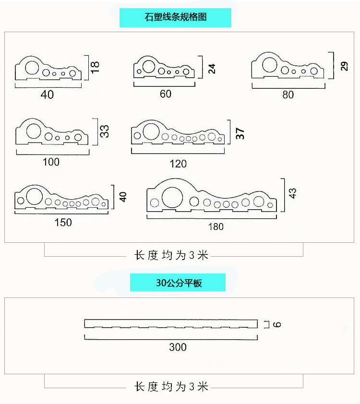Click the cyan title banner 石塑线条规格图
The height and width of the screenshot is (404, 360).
(175, 18)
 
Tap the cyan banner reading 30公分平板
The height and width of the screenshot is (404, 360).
(178, 283)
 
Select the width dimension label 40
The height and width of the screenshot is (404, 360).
(48, 95)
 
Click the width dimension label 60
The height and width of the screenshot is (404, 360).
(166, 94)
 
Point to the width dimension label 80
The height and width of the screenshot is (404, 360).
(288, 95)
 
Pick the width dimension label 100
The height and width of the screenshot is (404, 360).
(51, 162)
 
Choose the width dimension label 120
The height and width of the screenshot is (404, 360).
(178, 164)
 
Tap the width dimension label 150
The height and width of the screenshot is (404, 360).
(63, 222)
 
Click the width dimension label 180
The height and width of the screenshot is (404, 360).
(216, 226)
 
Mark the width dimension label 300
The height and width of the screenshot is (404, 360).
(178, 347)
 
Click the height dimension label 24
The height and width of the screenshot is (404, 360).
(212, 68)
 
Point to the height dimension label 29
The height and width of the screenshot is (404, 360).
(344, 66)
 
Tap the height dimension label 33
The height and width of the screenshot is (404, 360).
(104, 131)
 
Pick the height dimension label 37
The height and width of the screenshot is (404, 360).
(240, 133)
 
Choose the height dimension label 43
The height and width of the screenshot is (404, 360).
(292, 193)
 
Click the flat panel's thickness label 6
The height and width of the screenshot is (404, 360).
(277, 324)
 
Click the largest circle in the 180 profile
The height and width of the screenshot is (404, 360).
(173, 197)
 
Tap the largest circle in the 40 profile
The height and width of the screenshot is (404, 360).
(31, 67)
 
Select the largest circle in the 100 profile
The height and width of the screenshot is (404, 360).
(34, 131)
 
